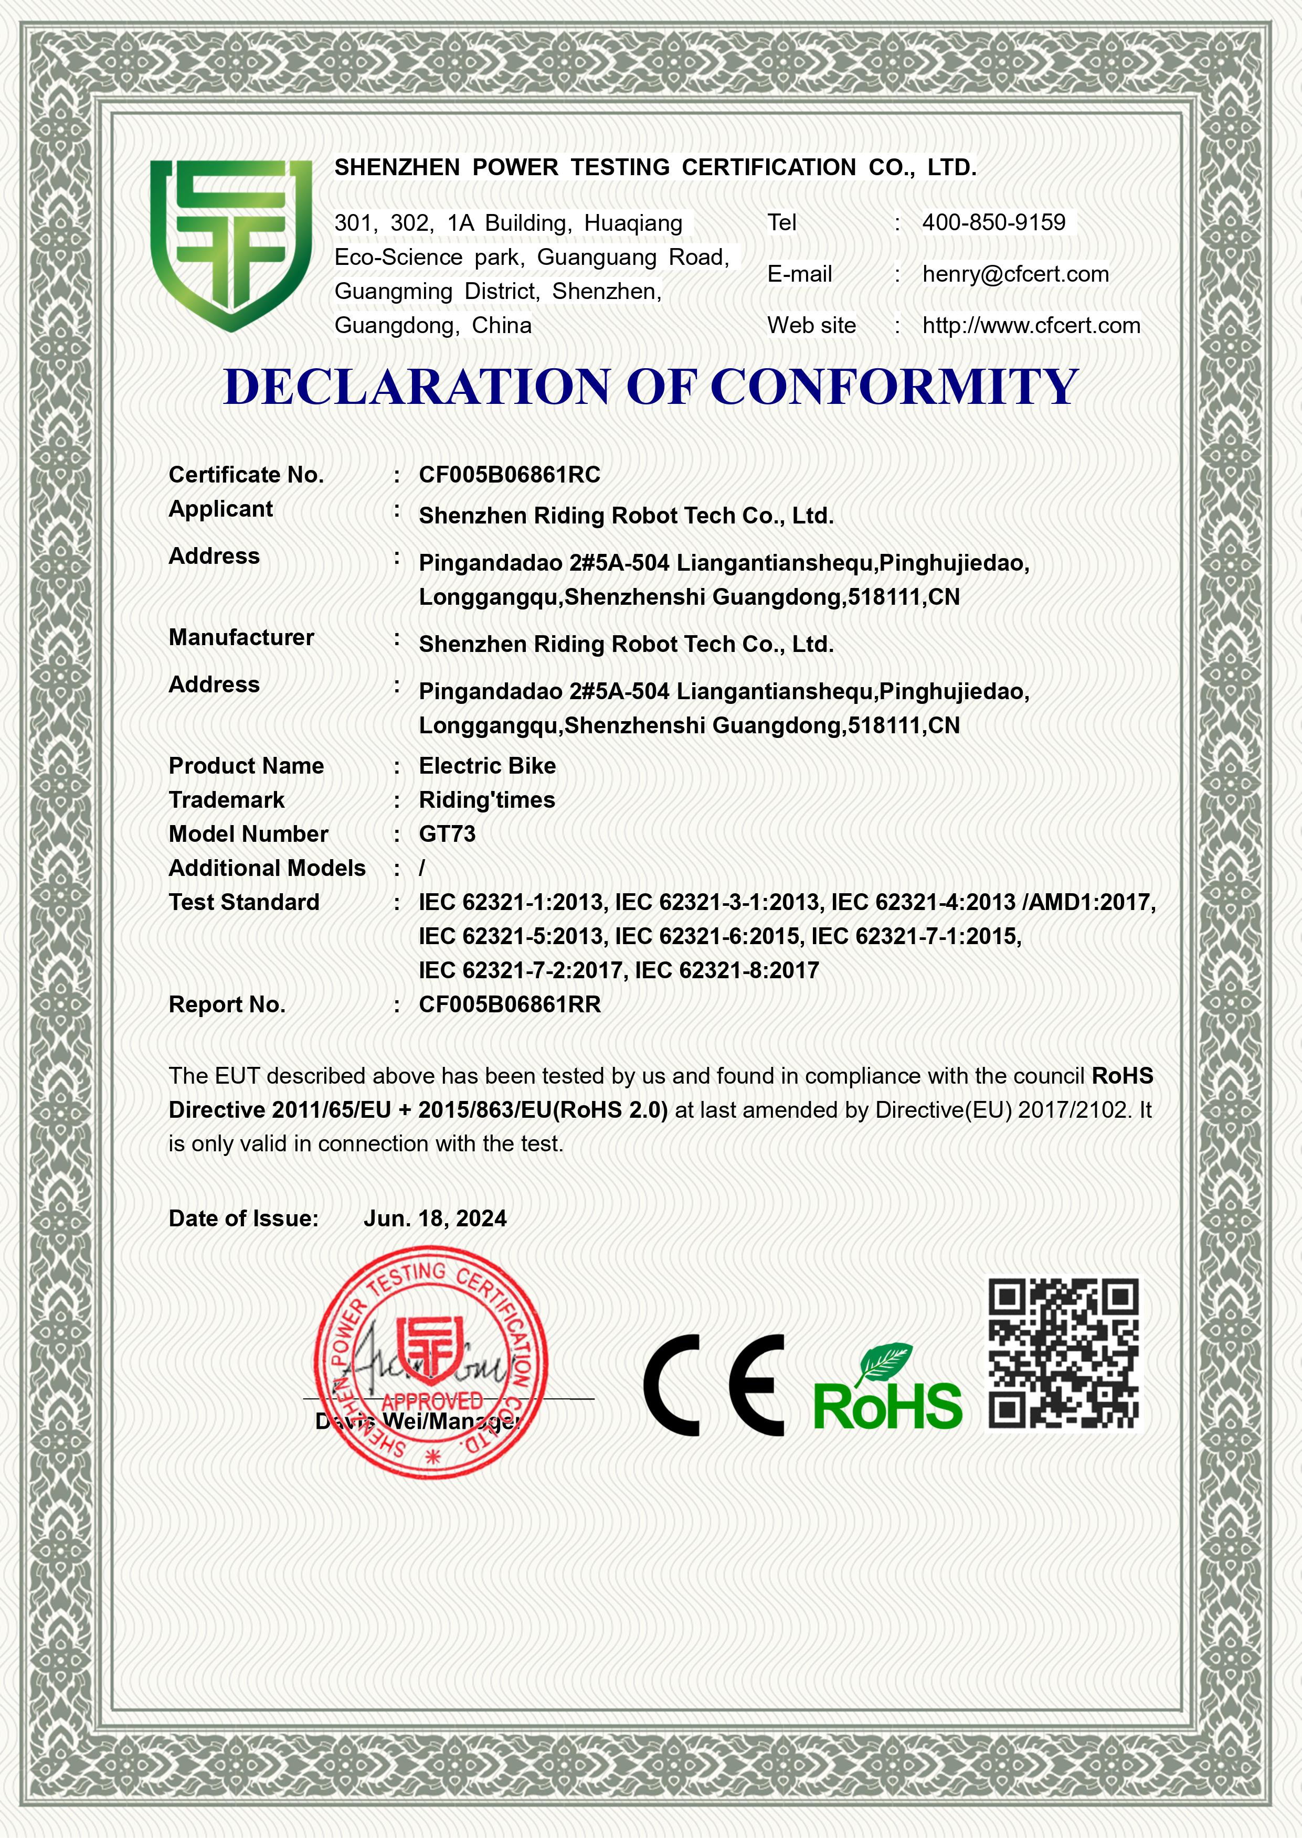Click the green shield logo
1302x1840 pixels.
[x=231, y=244]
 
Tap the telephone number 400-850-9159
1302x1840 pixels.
[x=993, y=223]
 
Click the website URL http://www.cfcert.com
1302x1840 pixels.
[x=1031, y=325]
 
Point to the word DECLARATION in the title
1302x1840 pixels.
[x=416, y=386]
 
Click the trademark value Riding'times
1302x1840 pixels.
[x=486, y=800]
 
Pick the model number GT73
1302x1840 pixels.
[x=447, y=835]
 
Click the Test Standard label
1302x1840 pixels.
[x=244, y=902]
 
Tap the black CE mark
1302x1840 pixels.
[x=714, y=1386]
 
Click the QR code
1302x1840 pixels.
[x=1063, y=1354]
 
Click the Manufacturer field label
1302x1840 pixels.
[x=240, y=638]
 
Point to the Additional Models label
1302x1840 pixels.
[x=267, y=869]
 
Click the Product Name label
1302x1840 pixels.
[x=246, y=766]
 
